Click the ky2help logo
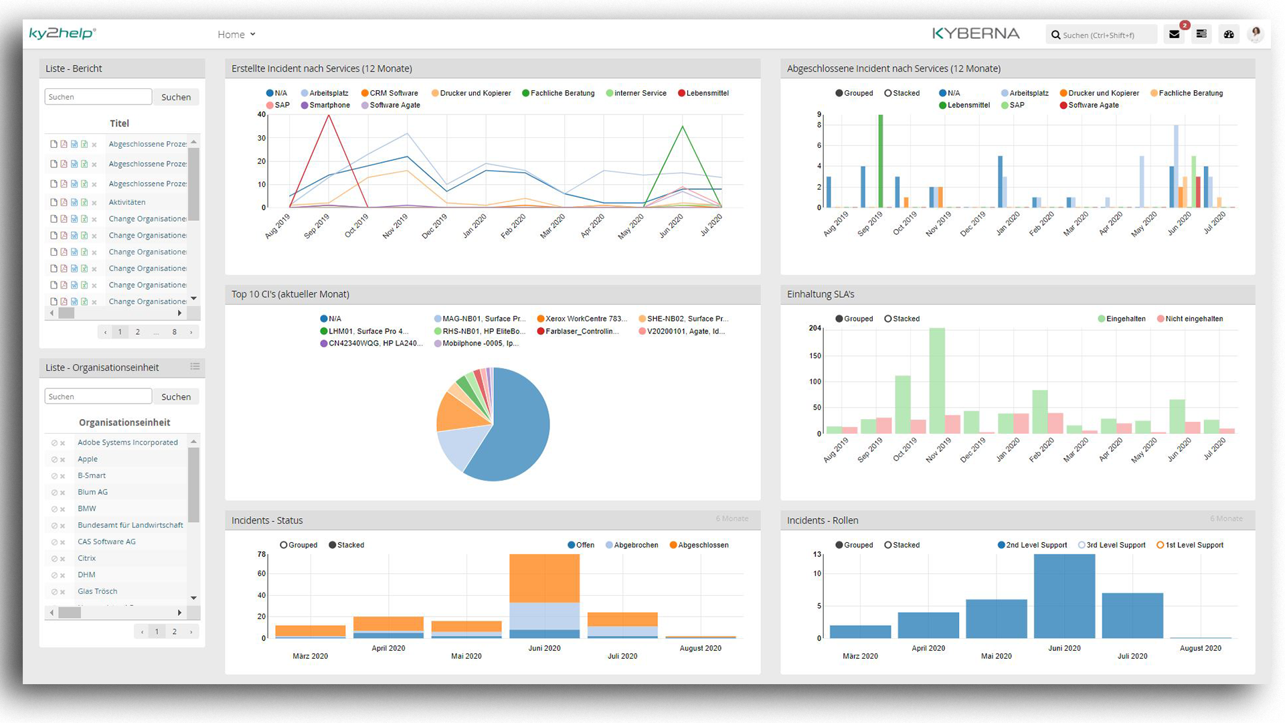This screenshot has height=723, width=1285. tap(62, 33)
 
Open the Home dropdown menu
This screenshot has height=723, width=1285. tap(236, 35)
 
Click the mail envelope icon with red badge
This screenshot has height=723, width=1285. tap(1175, 34)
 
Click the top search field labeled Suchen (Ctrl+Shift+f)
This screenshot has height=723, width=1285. tap(1103, 35)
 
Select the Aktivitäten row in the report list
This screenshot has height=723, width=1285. tap(127, 202)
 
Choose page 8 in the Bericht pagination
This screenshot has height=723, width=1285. tap(175, 332)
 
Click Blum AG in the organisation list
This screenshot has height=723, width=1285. tap(92, 492)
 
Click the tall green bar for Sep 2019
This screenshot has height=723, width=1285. tap(881, 161)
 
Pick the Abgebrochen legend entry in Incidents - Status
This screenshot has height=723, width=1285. tap(632, 545)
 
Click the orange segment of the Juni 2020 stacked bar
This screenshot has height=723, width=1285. tap(544, 578)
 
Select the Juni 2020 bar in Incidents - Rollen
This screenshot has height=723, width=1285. tap(1064, 596)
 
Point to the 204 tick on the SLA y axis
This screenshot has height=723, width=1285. tap(815, 328)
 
